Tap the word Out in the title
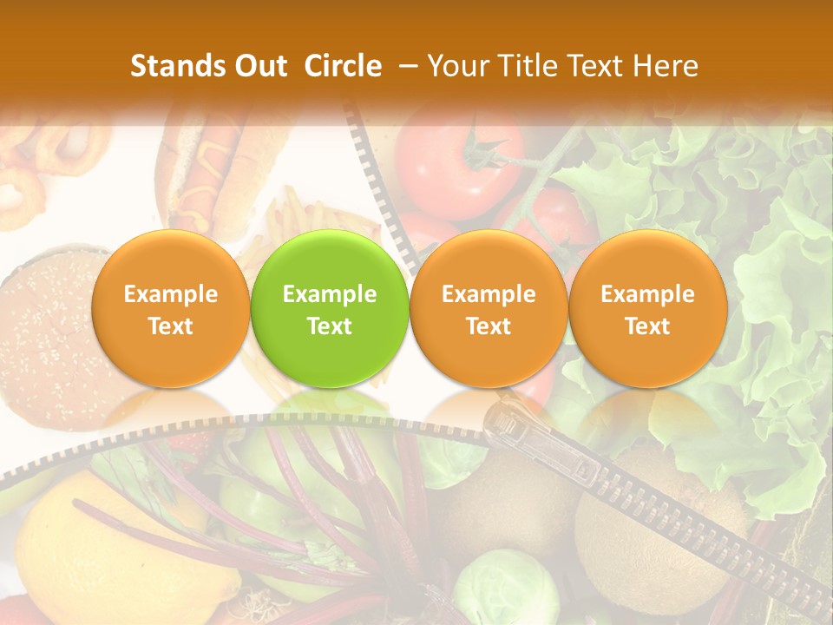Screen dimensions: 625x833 258,66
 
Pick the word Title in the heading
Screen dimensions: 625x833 521,66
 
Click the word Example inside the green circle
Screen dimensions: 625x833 330,294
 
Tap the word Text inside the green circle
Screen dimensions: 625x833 330,326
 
